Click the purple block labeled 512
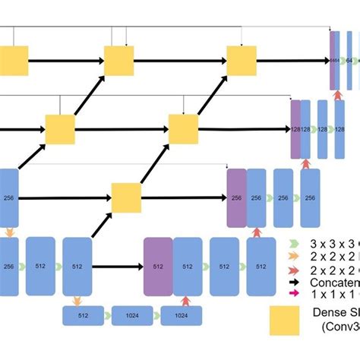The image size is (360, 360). [x=158, y=267]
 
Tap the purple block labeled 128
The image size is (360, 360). [x=295, y=129]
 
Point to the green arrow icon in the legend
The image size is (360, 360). [x=295, y=244]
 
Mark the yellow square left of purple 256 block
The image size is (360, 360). [x=126, y=197]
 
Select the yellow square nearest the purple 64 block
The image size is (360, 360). [x=242, y=60]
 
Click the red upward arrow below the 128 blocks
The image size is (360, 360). [x=306, y=163]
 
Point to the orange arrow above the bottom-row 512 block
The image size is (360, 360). [x=77, y=301]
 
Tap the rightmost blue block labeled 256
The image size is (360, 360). [x=310, y=197]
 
